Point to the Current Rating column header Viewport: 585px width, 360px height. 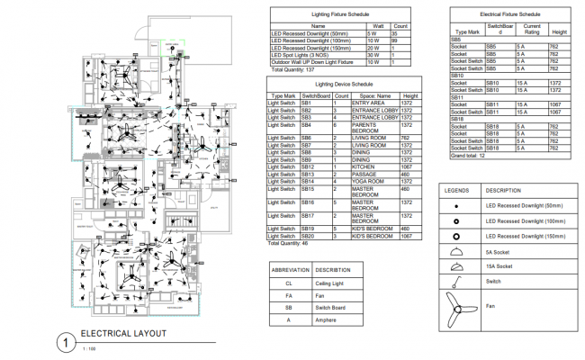[532, 28]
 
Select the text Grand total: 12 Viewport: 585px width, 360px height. [471, 156]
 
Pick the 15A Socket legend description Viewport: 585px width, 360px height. [499, 266]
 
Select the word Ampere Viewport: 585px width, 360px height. [327, 319]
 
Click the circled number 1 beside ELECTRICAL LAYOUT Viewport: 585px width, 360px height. [64, 342]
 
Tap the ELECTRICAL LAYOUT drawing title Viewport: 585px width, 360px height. [124, 333]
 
